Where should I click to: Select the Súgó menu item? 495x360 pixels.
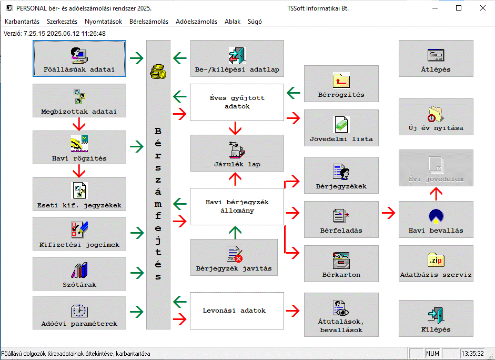(x=254, y=22)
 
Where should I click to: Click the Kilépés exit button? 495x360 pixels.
(x=436, y=318)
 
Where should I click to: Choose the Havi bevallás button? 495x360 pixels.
(x=436, y=219)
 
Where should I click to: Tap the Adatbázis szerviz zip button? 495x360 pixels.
(x=436, y=264)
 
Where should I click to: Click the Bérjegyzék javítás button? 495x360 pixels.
(x=234, y=257)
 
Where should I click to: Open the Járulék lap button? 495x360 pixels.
(x=237, y=153)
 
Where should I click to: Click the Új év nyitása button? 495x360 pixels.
(x=436, y=117)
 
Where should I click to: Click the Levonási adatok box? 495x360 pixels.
(x=237, y=311)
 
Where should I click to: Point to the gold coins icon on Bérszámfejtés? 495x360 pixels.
(x=158, y=72)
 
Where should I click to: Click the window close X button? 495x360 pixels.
(x=482, y=8)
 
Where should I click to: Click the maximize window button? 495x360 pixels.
(x=459, y=8)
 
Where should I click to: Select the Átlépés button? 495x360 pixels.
(x=436, y=58)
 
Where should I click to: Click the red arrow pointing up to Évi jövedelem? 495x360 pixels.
(x=436, y=194)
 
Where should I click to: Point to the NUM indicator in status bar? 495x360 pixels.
(x=432, y=354)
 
